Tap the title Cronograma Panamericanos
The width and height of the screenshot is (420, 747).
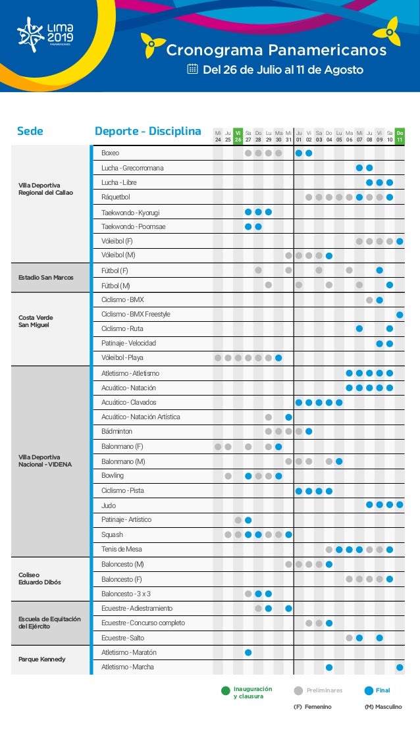pyautogui.click(x=276, y=51)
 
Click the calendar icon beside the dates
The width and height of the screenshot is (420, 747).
pyautogui.click(x=193, y=69)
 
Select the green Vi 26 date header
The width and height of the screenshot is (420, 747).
pyautogui.click(x=238, y=136)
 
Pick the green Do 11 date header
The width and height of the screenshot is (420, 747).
pyautogui.click(x=400, y=136)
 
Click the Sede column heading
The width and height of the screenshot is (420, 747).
pyautogui.click(x=30, y=131)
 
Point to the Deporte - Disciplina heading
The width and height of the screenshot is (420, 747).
pyautogui.click(x=148, y=131)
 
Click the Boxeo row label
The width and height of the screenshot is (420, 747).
pyautogui.click(x=110, y=153)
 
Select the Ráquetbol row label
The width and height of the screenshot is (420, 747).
pyautogui.click(x=116, y=197)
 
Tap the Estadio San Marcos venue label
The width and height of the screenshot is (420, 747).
pyautogui.click(x=46, y=277)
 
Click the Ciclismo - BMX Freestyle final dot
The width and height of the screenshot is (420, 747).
pyautogui.click(x=400, y=314)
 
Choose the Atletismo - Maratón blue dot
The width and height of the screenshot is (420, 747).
pyautogui.click(x=248, y=652)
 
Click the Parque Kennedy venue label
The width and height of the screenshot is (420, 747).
pyautogui.click(x=41, y=659)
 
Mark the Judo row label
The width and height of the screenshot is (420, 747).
pyautogui.click(x=109, y=505)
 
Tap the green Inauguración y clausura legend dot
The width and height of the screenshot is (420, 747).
pyautogui.click(x=225, y=691)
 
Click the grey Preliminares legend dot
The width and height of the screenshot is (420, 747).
pyautogui.click(x=298, y=691)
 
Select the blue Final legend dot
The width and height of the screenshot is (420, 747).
pyautogui.click(x=369, y=691)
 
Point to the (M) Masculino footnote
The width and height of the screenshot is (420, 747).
pyautogui.click(x=383, y=707)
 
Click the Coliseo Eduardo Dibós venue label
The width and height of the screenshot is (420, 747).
pyautogui.click(x=39, y=579)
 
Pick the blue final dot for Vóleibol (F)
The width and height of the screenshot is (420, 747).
pyautogui.click(x=400, y=241)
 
